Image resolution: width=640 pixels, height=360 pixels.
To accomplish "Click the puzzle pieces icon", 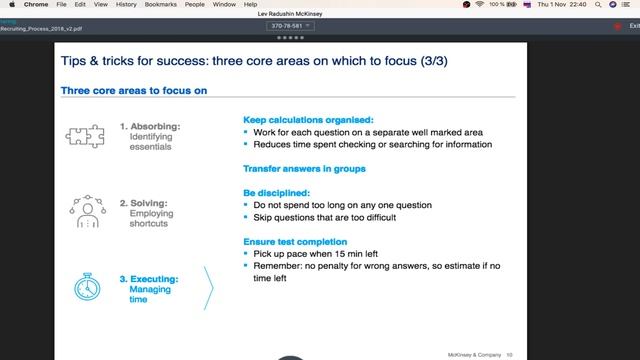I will tap(83, 136).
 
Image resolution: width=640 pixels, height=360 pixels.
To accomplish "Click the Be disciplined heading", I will tap(277, 192).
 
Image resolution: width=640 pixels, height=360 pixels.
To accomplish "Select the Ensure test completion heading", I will tap(295, 241).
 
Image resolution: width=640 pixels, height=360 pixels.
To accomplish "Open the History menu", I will tap(126, 5).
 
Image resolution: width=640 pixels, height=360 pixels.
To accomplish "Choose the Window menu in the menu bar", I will tap(224, 5).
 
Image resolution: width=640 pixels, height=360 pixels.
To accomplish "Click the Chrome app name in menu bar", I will tap(36, 5).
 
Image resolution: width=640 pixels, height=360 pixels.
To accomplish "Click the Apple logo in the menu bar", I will tap(12, 5).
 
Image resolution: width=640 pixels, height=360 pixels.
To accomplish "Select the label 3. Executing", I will tap(149, 279).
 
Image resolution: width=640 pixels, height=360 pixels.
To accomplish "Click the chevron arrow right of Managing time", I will tap(208, 288).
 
